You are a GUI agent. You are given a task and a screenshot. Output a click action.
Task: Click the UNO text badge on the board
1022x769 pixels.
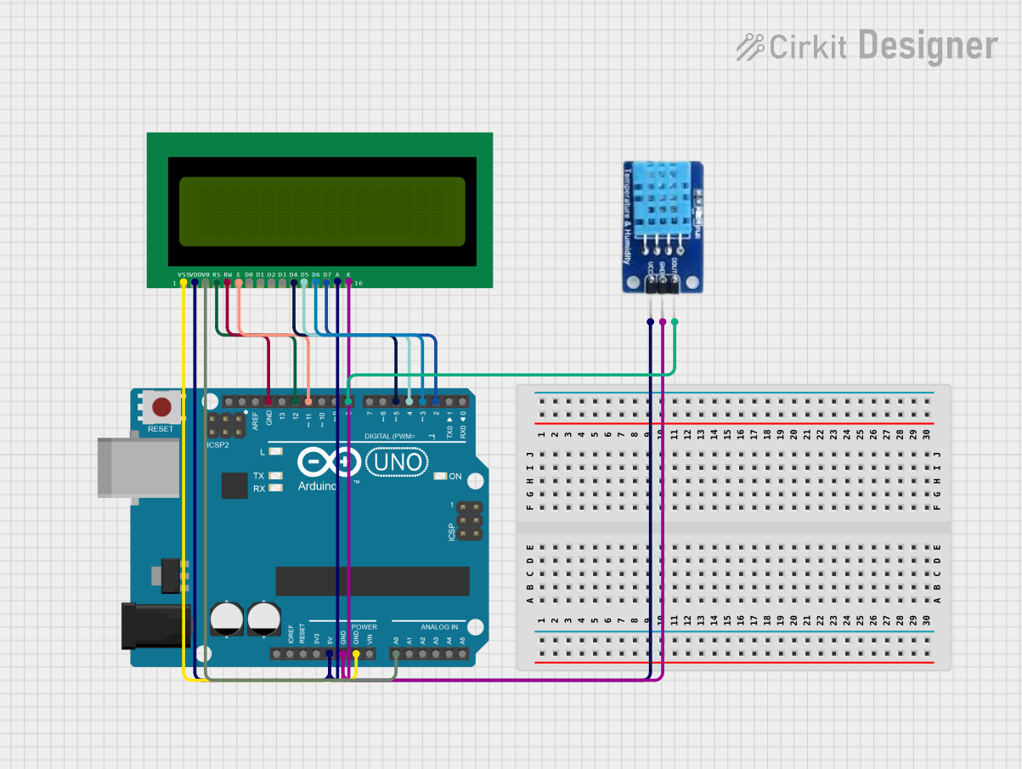pyautogui.click(x=397, y=462)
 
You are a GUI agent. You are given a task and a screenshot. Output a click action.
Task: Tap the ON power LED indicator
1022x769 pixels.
pyautogui.click(x=440, y=476)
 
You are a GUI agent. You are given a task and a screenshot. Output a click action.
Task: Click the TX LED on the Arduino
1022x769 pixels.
pyautogui.click(x=274, y=476)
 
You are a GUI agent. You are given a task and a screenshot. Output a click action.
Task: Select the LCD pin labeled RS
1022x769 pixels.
pyautogui.click(x=217, y=281)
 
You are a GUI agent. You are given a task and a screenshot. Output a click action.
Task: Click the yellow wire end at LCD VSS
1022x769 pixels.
pyautogui.click(x=184, y=281)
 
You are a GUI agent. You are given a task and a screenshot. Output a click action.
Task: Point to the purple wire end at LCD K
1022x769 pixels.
pyautogui.click(x=348, y=281)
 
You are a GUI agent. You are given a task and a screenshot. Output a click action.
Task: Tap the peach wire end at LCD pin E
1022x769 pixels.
pyautogui.click(x=239, y=281)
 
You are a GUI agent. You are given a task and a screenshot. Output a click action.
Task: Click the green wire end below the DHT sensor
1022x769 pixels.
pyautogui.click(x=675, y=321)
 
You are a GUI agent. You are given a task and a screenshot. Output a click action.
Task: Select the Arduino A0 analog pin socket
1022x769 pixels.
pyautogui.click(x=396, y=654)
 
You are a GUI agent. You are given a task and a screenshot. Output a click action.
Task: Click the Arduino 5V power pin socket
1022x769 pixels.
pyautogui.click(x=329, y=654)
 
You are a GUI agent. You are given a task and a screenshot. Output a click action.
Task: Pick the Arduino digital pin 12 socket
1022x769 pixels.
pyautogui.click(x=295, y=401)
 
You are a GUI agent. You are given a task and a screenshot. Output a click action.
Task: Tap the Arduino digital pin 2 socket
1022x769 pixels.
pyautogui.click(x=436, y=401)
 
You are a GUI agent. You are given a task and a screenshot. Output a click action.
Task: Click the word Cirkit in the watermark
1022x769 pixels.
pyautogui.click(x=807, y=48)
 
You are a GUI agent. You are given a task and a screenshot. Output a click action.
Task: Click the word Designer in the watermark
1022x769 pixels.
pyautogui.click(x=928, y=46)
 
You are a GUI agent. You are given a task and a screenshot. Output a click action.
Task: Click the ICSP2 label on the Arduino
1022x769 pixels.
pyautogui.click(x=218, y=444)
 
